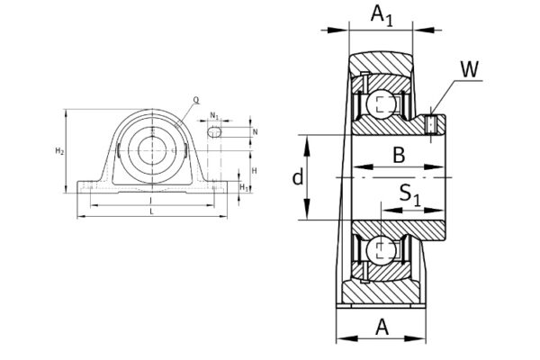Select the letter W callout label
(469, 70)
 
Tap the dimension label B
(398, 155)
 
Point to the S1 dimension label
(409, 193)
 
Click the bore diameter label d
(298, 177)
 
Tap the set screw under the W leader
(432, 123)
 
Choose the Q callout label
(196, 101)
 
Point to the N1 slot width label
(213, 114)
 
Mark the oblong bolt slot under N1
(214, 131)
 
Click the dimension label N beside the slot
(255, 131)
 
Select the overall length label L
(150, 211)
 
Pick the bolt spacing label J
(150, 200)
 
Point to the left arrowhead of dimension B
(355, 167)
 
